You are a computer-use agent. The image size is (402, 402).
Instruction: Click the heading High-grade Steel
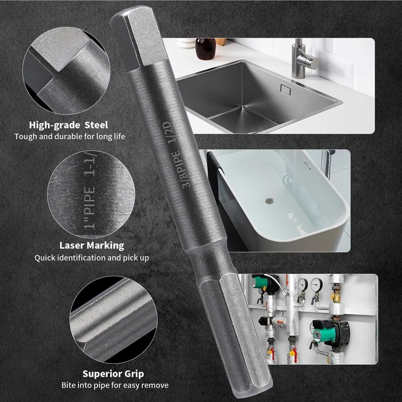[x=68, y=125]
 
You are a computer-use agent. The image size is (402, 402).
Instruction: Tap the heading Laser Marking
[x=91, y=245]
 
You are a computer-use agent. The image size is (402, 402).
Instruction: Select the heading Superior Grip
[x=113, y=374]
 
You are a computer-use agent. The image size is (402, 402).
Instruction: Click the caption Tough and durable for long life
[x=69, y=136]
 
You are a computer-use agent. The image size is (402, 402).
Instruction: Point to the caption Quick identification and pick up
[x=91, y=258]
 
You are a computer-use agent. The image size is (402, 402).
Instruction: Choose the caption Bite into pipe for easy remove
[x=115, y=385]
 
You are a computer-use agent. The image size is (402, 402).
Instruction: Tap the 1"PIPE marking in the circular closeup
[x=89, y=208]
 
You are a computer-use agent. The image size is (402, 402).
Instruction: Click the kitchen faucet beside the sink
[x=303, y=58]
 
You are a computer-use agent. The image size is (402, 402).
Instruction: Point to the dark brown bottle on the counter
[x=206, y=49]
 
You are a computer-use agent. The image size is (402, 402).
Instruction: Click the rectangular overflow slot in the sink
[x=285, y=90]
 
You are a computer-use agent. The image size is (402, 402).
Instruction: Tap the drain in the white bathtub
[x=269, y=200]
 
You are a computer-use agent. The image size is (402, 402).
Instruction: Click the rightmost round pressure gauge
[x=317, y=284]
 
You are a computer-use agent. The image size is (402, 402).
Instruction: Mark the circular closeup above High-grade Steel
[x=66, y=70]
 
